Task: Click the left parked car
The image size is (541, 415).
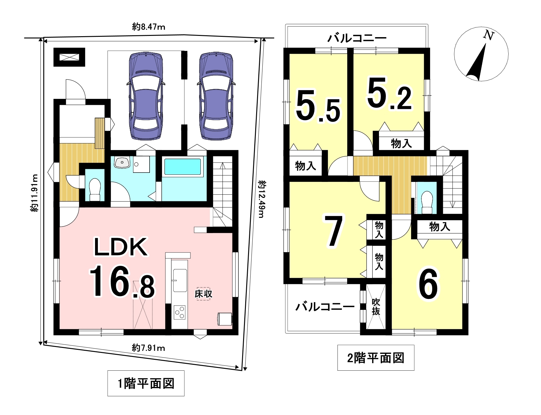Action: tap(146, 95)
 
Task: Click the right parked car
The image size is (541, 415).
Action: tap(216, 95)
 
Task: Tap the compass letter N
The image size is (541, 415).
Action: tap(489, 36)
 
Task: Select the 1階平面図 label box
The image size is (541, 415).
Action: tap(146, 383)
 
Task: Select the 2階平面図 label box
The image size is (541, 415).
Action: tap(376, 358)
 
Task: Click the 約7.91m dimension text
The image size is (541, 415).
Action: tap(148, 347)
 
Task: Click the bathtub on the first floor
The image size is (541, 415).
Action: tap(183, 167)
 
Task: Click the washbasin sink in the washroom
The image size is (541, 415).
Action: tap(122, 162)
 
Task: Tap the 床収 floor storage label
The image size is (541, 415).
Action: tap(203, 294)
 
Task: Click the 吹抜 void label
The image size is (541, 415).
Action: tap(376, 307)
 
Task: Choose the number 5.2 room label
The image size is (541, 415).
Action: tap(390, 94)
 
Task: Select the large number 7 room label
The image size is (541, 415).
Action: tap(333, 231)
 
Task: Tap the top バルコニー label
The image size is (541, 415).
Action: tap(357, 38)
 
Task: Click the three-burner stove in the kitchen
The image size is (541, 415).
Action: tap(180, 312)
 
